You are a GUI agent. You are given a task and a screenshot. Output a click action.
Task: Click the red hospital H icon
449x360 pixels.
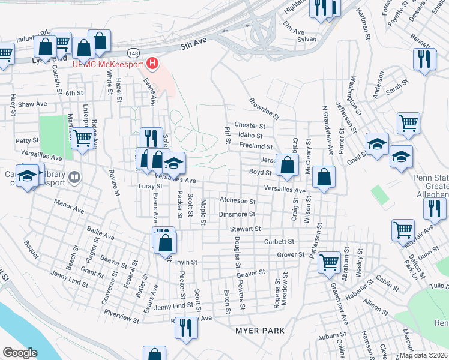153,63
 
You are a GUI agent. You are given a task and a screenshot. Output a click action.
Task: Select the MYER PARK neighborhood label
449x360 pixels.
259,331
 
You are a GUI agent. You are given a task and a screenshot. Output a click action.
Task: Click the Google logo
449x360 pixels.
20,353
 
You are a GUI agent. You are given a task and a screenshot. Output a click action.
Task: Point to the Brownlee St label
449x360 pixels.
264,109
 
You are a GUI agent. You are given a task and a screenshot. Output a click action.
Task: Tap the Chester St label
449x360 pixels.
250,126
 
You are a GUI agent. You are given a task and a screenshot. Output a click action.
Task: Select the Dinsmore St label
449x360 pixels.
237,214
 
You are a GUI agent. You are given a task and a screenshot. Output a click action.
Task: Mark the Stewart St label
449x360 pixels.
245,229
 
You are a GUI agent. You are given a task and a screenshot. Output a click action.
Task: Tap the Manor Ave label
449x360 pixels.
69,206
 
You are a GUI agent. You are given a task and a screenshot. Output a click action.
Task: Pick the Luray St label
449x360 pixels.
151,186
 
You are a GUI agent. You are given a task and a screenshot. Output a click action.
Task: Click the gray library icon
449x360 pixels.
74,176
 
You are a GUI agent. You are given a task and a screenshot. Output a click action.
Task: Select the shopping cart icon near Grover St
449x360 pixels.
329,261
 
